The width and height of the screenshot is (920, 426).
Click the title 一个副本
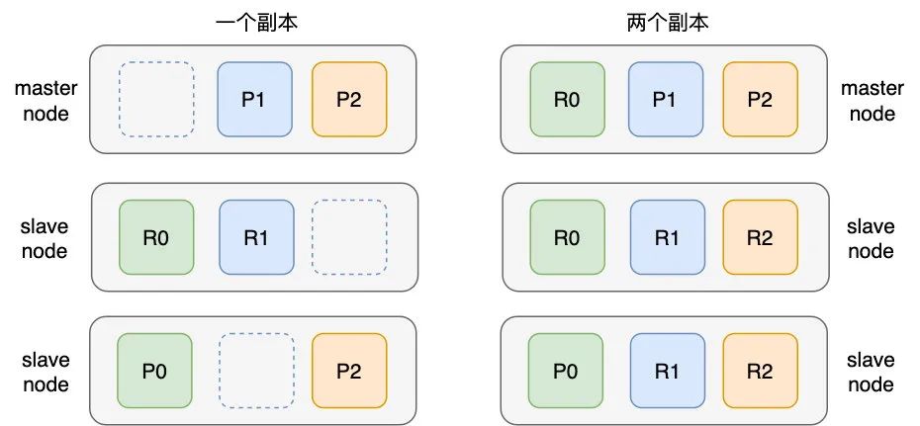click(255, 22)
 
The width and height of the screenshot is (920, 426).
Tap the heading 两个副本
click(668, 22)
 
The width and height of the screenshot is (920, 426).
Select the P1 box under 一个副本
click(255, 100)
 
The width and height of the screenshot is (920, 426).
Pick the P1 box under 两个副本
click(665, 100)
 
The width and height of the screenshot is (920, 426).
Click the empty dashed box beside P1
click(156, 100)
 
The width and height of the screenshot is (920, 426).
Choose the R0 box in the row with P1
click(567, 100)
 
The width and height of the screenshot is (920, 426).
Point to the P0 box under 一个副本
click(154, 371)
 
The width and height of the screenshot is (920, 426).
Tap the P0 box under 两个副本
click(566, 371)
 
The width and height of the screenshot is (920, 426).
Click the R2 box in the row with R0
click(760, 236)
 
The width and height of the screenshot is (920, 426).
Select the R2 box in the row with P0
click(760, 371)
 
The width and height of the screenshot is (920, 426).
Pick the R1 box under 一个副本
click(255, 236)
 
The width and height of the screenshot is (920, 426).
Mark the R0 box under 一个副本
click(155, 236)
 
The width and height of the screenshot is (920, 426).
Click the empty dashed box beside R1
click(349, 236)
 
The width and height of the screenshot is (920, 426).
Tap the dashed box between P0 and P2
click(255, 371)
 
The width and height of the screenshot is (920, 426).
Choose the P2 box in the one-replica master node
click(349, 100)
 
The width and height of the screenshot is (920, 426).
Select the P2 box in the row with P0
click(349, 371)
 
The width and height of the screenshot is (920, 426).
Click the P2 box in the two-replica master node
click(760, 100)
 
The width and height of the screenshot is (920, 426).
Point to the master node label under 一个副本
click(46, 100)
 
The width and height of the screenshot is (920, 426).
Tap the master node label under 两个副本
click(872, 100)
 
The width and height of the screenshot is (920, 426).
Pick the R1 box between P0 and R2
click(665, 371)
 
